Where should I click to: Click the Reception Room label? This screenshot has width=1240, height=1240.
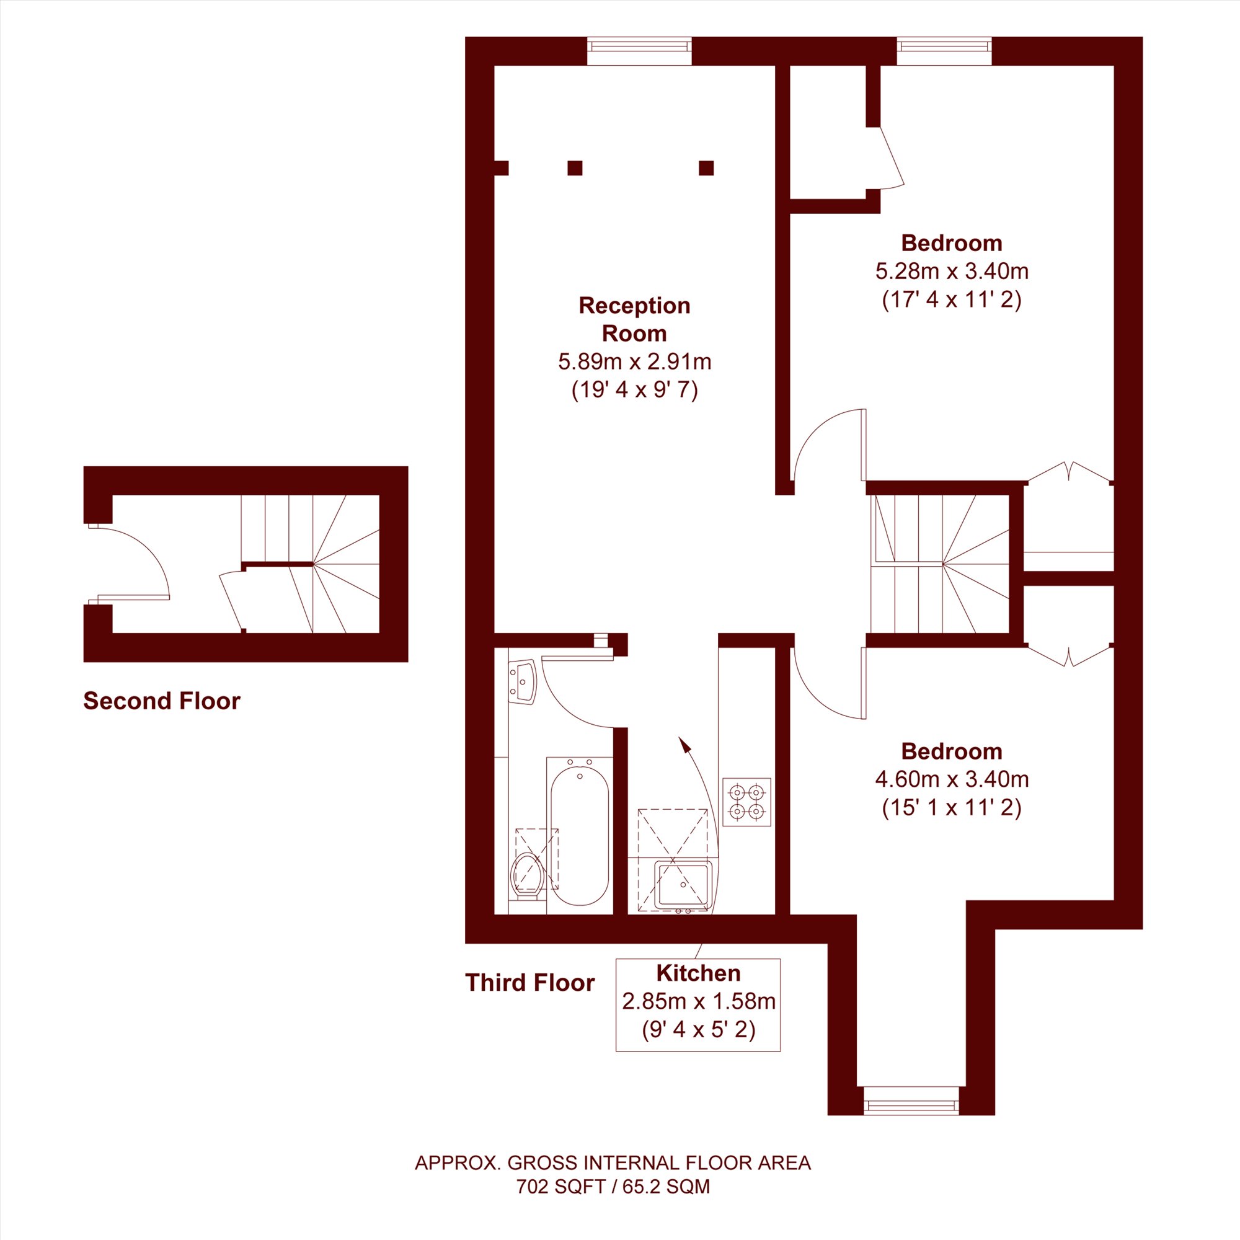coord(634,319)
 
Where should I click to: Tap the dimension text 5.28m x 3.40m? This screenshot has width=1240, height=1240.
coord(952,272)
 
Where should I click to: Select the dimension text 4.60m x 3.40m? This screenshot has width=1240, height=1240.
coord(952,779)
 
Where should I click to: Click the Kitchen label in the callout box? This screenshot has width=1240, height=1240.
coord(698,973)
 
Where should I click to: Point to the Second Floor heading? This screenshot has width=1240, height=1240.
coord(162,701)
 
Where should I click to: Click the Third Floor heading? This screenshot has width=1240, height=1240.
coord(529,983)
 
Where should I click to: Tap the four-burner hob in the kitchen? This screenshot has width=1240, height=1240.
coord(747,802)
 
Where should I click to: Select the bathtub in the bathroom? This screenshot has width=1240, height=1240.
coord(580,834)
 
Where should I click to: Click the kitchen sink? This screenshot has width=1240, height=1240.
coord(683,886)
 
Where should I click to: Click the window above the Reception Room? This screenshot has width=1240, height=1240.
coord(639,51)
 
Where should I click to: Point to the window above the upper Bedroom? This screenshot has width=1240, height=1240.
coord(944,51)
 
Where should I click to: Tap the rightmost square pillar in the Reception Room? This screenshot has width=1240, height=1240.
coord(706,168)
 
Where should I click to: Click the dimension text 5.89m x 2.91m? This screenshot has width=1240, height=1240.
coord(634,362)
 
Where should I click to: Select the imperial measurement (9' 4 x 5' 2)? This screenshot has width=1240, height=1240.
coord(698,1029)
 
